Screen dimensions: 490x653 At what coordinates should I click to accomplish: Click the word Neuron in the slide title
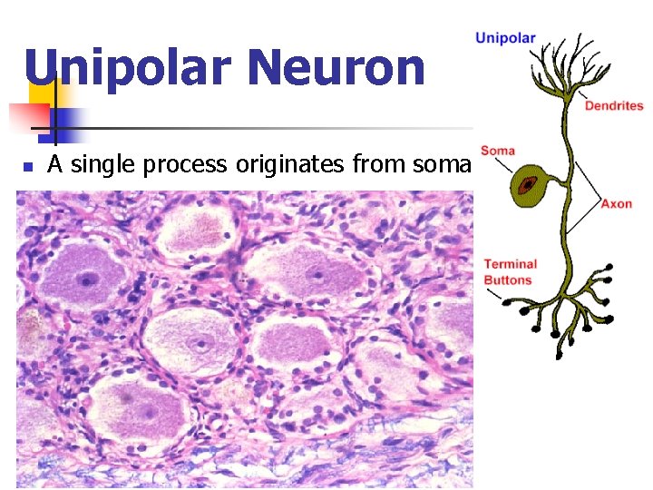[x=335, y=69]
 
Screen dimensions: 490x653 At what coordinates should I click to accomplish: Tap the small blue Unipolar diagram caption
[x=506, y=38]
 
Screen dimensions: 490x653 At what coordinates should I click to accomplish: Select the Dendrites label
[x=614, y=106]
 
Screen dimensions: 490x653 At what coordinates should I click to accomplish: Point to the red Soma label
[x=498, y=151]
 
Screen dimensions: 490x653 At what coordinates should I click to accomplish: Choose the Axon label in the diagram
[x=616, y=204]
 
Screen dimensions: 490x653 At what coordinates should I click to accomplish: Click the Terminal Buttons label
[x=510, y=272]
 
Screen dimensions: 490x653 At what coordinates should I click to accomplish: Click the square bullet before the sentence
[x=28, y=167]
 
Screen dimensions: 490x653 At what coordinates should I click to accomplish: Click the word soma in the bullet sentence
[x=439, y=165]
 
